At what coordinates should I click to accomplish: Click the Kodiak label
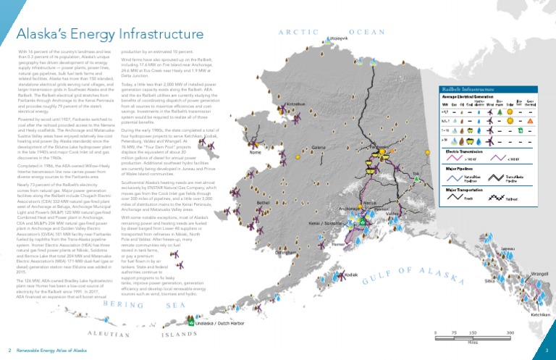(x=351, y=275)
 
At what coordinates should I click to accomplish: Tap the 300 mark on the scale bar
(x=510, y=332)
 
